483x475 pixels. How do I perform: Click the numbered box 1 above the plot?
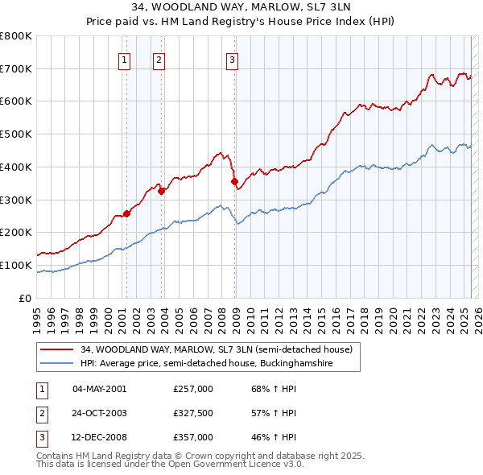point(126,60)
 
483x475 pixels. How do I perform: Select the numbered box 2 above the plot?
point(159,60)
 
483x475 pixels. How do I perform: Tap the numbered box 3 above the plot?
point(232,60)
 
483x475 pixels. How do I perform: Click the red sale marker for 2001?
point(126,213)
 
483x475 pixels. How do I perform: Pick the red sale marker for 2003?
point(162,191)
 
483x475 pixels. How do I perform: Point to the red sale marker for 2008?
point(235,182)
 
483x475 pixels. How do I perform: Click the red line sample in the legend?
point(58,350)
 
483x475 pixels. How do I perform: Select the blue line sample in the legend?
point(58,364)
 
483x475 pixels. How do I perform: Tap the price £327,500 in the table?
point(193,413)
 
